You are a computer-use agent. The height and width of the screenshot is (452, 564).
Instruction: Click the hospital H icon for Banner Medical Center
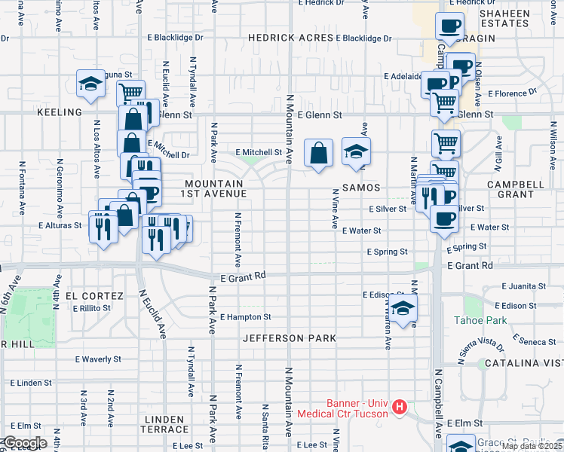click(400, 408)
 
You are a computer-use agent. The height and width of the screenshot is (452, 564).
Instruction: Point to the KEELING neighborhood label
click(59, 112)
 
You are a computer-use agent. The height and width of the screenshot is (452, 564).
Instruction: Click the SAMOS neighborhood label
click(360, 187)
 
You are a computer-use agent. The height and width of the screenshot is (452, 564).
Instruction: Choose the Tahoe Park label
click(480, 320)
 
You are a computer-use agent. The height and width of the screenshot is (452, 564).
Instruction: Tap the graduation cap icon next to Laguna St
click(90, 84)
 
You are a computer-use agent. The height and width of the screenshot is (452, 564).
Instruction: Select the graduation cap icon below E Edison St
click(403, 308)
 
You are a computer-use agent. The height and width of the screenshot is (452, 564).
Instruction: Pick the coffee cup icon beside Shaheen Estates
click(450, 26)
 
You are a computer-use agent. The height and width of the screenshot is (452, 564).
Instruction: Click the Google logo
click(24, 443)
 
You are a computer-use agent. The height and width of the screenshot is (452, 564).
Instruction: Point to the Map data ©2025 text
click(531, 446)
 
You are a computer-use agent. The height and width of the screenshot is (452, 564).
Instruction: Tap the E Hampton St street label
click(245, 317)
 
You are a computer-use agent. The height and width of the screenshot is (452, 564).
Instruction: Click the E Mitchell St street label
click(258, 151)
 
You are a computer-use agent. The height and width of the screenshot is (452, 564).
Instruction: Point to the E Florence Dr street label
click(511, 93)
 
